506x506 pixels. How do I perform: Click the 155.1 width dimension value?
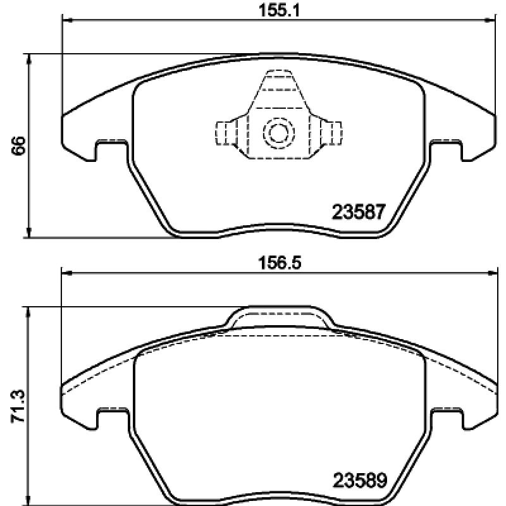coord(280,11)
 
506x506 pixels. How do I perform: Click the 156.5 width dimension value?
coord(280,263)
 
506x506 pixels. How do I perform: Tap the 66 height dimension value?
coord(18,145)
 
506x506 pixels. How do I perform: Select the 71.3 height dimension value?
coord(18,406)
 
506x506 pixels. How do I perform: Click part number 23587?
coord(359,212)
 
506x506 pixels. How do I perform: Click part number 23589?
coord(359,480)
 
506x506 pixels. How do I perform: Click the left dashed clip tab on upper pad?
coord(226,133)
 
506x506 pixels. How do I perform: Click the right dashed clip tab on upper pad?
coord(331,133)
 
